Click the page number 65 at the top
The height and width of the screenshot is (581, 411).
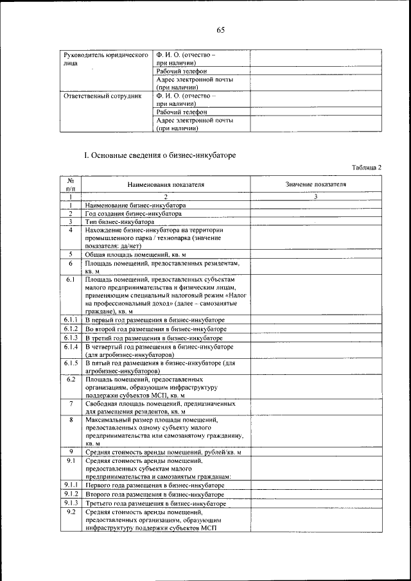(x=220, y=30)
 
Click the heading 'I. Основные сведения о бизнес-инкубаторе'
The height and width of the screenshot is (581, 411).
(x=161, y=155)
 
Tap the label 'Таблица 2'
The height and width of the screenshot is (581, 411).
(x=367, y=168)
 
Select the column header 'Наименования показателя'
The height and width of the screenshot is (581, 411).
(x=166, y=184)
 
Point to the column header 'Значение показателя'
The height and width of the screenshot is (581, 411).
(x=316, y=184)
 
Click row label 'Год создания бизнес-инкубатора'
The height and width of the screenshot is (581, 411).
(x=134, y=213)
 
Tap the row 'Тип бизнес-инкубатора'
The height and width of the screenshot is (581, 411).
(x=119, y=221)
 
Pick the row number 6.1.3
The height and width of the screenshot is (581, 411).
(x=71, y=337)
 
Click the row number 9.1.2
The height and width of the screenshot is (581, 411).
(x=71, y=494)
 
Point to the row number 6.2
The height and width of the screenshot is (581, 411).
(x=71, y=379)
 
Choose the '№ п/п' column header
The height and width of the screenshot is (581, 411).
(x=71, y=184)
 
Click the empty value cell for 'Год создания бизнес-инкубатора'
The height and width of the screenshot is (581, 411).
(x=315, y=213)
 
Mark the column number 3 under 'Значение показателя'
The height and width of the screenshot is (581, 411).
(x=316, y=196)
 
